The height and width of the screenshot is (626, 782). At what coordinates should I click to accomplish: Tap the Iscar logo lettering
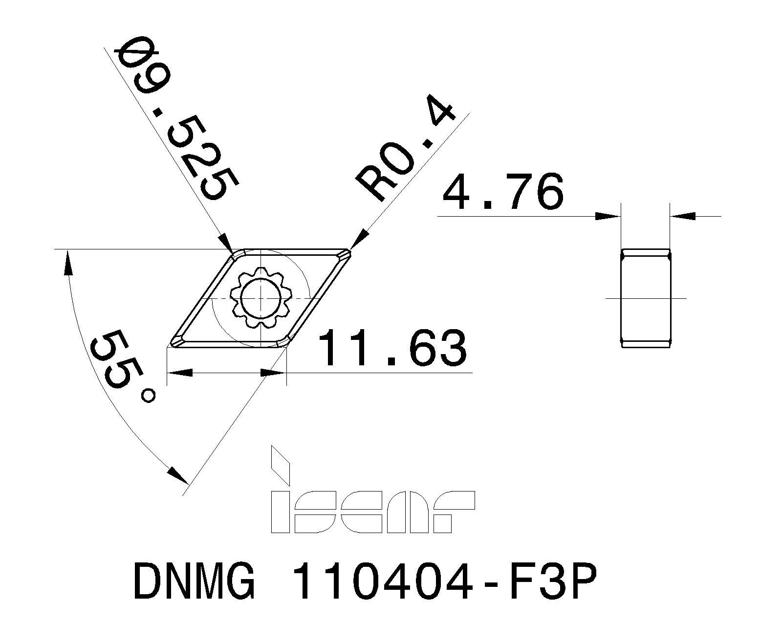coord(371,512)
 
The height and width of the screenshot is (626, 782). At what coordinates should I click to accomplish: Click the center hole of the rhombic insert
coord(261,298)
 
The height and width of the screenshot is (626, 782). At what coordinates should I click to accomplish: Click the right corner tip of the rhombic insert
coord(348,253)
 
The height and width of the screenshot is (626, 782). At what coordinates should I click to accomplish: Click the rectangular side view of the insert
coord(645,298)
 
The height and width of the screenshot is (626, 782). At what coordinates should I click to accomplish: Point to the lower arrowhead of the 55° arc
coord(177,474)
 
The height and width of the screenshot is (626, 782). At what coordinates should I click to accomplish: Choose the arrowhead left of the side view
coord(608,216)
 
